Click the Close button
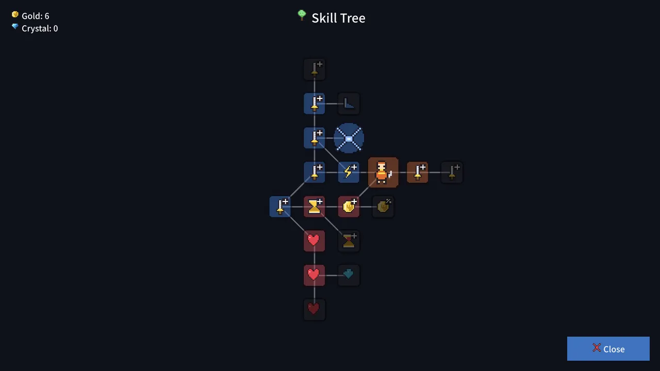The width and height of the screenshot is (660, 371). (x=608, y=349)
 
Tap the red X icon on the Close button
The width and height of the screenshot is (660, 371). (x=597, y=348)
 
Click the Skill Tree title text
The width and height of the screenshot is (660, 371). (x=339, y=18)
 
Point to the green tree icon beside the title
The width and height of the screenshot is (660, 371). (x=302, y=15)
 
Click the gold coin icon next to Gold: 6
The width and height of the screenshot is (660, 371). (x=15, y=14)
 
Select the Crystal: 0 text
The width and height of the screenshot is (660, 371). (x=40, y=28)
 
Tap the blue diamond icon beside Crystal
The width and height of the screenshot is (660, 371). (x=15, y=27)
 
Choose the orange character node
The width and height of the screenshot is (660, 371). (x=383, y=172)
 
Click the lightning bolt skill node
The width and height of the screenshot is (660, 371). (x=349, y=172)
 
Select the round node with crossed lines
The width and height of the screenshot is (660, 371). (x=349, y=138)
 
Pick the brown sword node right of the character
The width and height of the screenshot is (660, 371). (x=418, y=172)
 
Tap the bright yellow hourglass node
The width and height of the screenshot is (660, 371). (x=315, y=207)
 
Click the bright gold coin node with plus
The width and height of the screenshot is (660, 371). (x=349, y=207)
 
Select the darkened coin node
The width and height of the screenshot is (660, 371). (x=383, y=207)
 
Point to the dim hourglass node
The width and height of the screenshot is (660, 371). (x=349, y=241)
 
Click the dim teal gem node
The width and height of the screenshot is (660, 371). (x=349, y=275)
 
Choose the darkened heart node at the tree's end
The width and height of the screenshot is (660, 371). (x=315, y=310)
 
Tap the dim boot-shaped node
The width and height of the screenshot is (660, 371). (x=349, y=104)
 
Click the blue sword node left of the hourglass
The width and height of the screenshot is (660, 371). (x=280, y=207)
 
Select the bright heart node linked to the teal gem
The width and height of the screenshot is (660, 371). (x=315, y=275)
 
